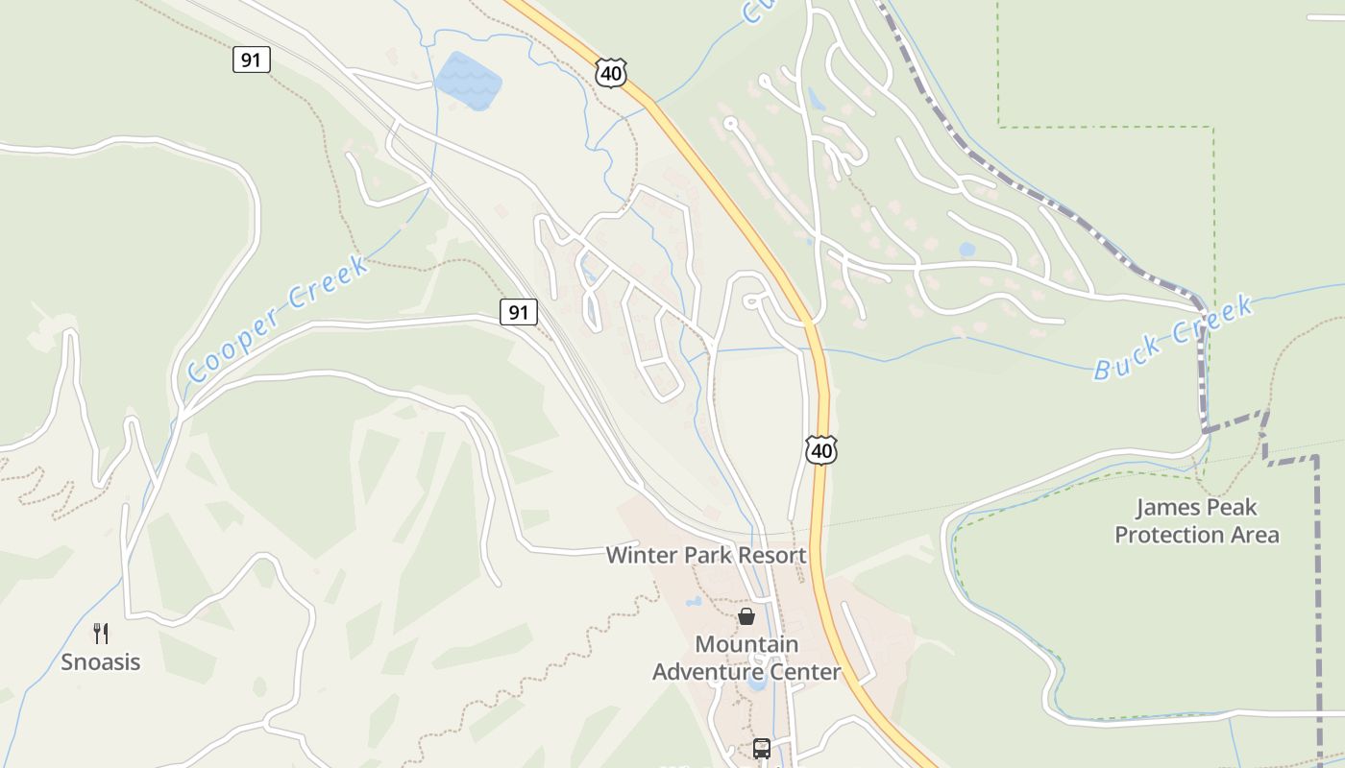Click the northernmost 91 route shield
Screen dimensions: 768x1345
pyautogui.click(x=251, y=60)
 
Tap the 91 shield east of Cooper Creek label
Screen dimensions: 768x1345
pyautogui.click(x=518, y=311)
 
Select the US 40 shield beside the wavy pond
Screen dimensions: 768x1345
pyautogui.click(x=611, y=72)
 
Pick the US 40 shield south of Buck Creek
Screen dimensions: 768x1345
pyautogui.click(x=821, y=449)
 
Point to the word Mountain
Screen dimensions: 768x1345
pyautogui.click(x=746, y=644)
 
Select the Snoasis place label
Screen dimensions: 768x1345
pyautogui.click(x=101, y=661)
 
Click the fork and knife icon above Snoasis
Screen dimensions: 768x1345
pyautogui.click(x=101, y=633)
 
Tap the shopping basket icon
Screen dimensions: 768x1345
pyautogui.click(x=746, y=616)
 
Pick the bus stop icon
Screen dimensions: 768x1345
pyautogui.click(x=762, y=749)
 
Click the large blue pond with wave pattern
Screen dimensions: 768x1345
pyautogui.click(x=468, y=81)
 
